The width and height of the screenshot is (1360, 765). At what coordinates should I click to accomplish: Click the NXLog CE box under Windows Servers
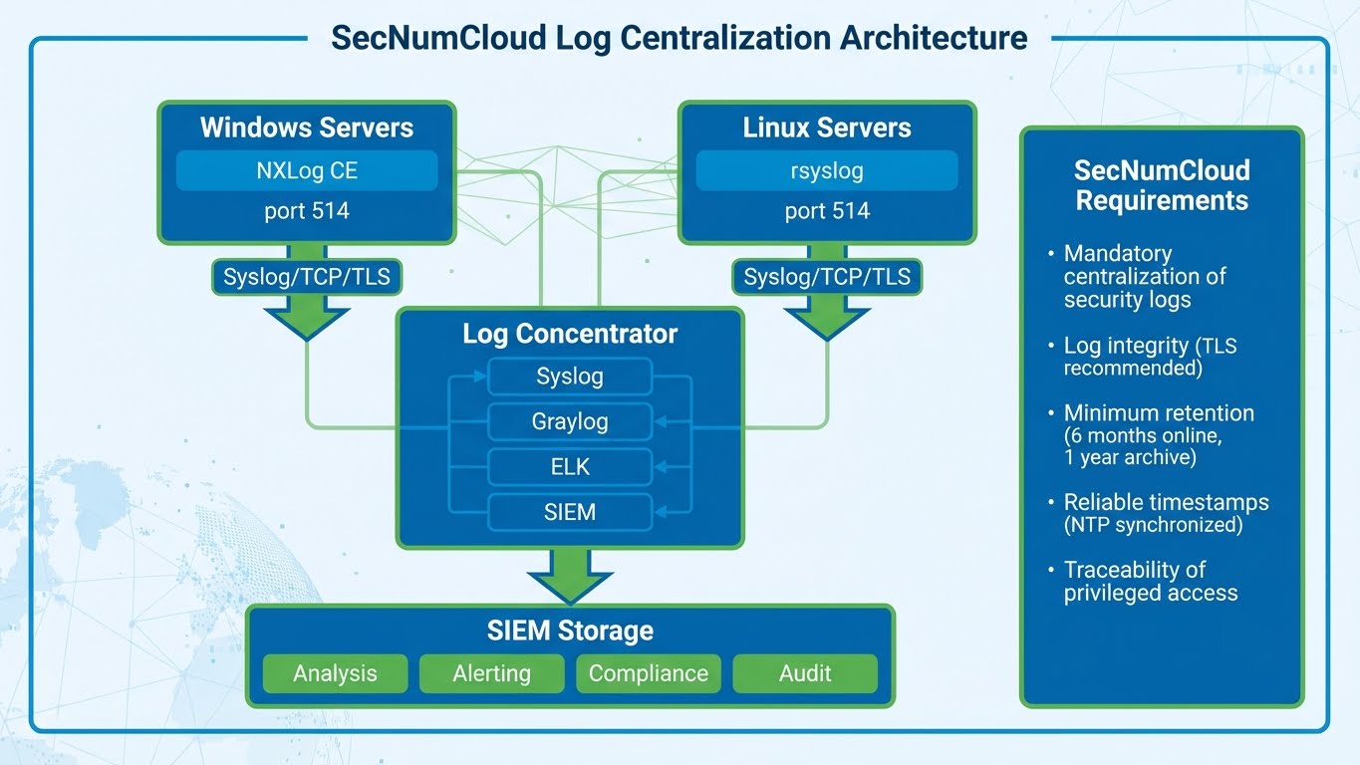pyautogui.click(x=307, y=170)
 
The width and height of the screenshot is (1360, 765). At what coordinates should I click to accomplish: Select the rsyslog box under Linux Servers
pyautogui.click(x=827, y=170)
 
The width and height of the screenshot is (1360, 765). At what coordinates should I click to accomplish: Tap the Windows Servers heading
pyautogui.click(x=307, y=127)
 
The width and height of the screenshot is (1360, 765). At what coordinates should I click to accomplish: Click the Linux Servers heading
pyautogui.click(x=827, y=127)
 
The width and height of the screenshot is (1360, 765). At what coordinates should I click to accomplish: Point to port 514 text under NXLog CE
pyautogui.click(x=307, y=211)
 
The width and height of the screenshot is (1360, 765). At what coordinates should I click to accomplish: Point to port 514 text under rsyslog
pyautogui.click(x=827, y=211)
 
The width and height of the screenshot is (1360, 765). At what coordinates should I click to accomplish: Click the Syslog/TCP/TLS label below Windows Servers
pyautogui.click(x=307, y=277)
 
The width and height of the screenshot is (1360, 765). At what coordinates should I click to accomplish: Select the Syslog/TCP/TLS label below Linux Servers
pyautogui.click(x=827, y=277)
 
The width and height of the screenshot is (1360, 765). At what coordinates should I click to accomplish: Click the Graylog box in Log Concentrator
pyautogui.click(x=570, y=421)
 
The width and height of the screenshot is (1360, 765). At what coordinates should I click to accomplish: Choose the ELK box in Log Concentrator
pyautogui.click(x=570, y=466)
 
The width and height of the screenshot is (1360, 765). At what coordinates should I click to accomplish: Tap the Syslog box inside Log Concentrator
pyautogui.click(x=570, y=377)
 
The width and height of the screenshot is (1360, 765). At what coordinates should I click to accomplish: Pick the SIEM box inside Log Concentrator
pyautogui.click(x=570, y=512)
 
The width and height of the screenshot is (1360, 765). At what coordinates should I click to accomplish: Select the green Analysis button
pyautogui.click(x=335, y=673)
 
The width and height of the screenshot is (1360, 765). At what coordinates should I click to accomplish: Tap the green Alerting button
pyautogui.click(x=491, y=673)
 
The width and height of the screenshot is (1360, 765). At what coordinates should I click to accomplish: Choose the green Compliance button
pyautogui.click(x=649, y=673)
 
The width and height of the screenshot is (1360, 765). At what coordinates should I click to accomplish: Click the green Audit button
pyautogui.click(x=805, y=673)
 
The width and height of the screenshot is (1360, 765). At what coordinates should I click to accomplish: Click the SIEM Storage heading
pyautogui.click(x=570, y=631)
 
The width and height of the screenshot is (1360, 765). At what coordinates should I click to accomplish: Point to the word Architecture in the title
pyautogui.click(x=934, y=38)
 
